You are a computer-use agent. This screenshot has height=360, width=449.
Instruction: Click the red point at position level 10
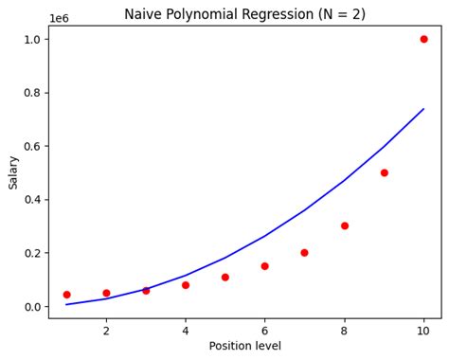tap(423, 39)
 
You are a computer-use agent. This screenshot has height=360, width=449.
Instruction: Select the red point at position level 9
tap(385, 172)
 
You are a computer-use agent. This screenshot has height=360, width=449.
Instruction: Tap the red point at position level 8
tap(345, 225)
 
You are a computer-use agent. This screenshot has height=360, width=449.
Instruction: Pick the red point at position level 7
tap(305, 253)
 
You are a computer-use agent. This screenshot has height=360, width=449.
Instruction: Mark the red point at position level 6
tap(265, 266)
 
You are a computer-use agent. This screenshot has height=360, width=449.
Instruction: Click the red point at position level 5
tap(225, 278)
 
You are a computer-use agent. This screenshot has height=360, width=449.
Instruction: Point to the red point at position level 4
tap(186, 285)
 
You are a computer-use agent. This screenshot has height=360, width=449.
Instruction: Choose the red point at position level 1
tap(66, 295)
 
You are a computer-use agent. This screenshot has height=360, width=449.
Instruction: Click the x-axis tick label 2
tap(106, 332)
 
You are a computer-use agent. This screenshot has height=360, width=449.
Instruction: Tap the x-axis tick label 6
tap(265, 332)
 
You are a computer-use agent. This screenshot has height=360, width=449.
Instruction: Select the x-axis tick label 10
tap(423, 332)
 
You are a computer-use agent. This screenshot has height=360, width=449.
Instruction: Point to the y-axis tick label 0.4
tap(31, 200)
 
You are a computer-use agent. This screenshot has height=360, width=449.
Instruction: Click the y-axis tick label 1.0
tap(31, 40)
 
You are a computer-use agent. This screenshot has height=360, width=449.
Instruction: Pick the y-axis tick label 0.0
tap(31, 307)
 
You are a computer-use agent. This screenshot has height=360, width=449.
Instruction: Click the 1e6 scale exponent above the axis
tap(59, 18)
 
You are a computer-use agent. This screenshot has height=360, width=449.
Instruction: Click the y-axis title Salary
tap(13, 172)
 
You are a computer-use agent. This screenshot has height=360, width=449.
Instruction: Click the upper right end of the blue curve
tap(423, 109)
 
